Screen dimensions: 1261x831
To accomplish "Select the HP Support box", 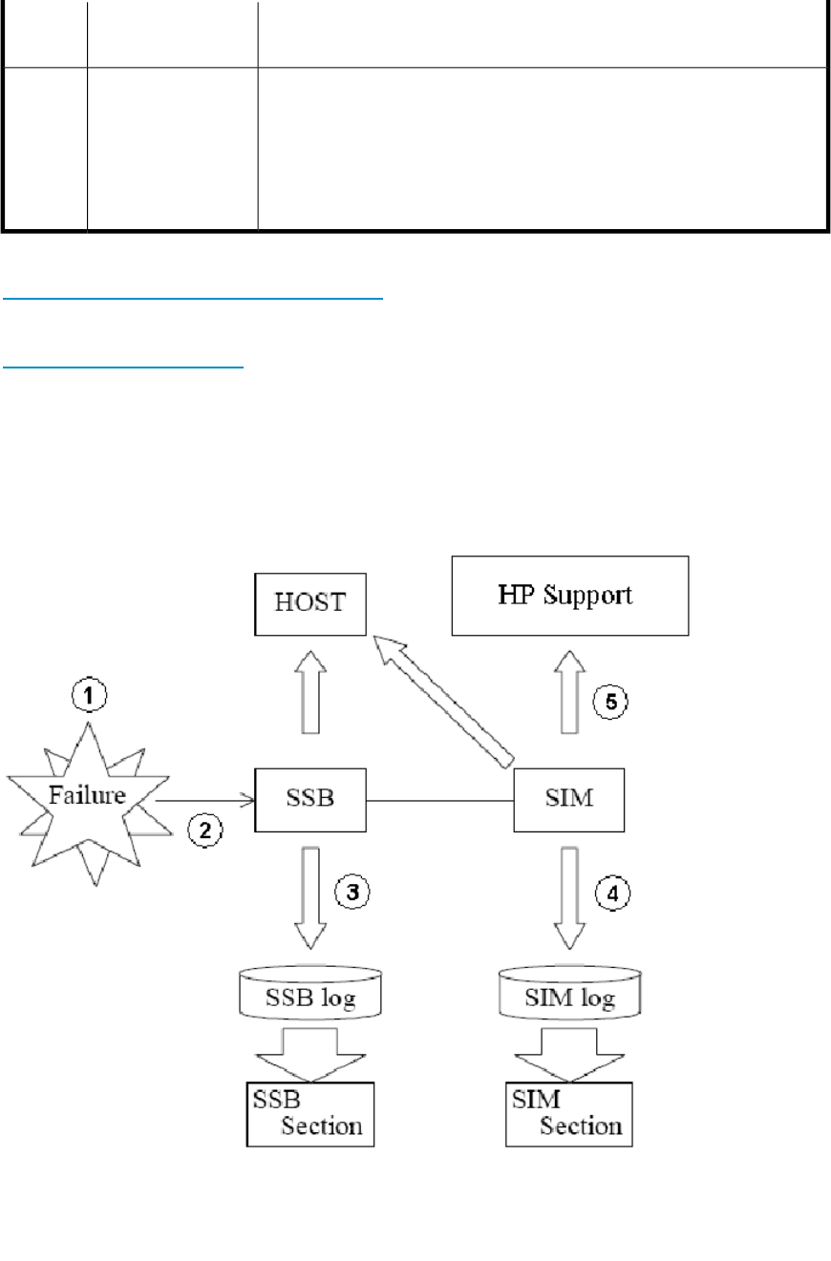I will click(569, 596).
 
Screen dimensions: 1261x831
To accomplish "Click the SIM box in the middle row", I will click(569, 798).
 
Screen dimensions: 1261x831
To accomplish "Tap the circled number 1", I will click(89, 697).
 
